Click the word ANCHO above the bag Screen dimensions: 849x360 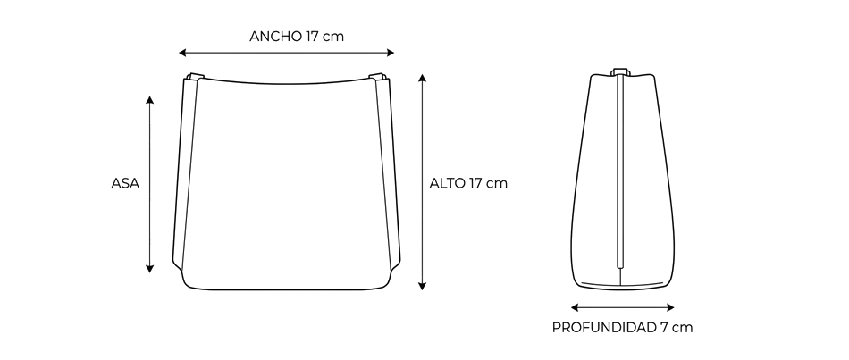(275, 37)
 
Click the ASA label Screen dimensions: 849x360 (125, 183)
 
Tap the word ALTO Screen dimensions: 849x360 (447, 183)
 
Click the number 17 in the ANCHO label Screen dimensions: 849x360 (312, 37)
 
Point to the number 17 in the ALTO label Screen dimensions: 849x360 (476, 183)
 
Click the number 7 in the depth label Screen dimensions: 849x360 (664, 328)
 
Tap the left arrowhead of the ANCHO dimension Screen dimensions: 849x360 (182, 53)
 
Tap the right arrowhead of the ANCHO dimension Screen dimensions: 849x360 (391, 53)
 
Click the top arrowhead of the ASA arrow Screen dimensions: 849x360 (150, 100)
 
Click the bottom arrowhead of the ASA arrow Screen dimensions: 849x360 (150, 269)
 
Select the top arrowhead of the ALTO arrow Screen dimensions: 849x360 (423, 78)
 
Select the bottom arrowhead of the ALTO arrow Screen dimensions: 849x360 (423, 286)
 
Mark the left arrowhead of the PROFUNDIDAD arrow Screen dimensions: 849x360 (575, 307)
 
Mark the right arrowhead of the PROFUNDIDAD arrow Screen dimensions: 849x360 (670, 307)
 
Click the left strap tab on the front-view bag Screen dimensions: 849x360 (196, 76)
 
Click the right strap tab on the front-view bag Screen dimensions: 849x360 (377, 76)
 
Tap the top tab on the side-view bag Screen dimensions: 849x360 (620, 71)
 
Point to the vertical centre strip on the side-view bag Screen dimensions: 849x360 (620, 172)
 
